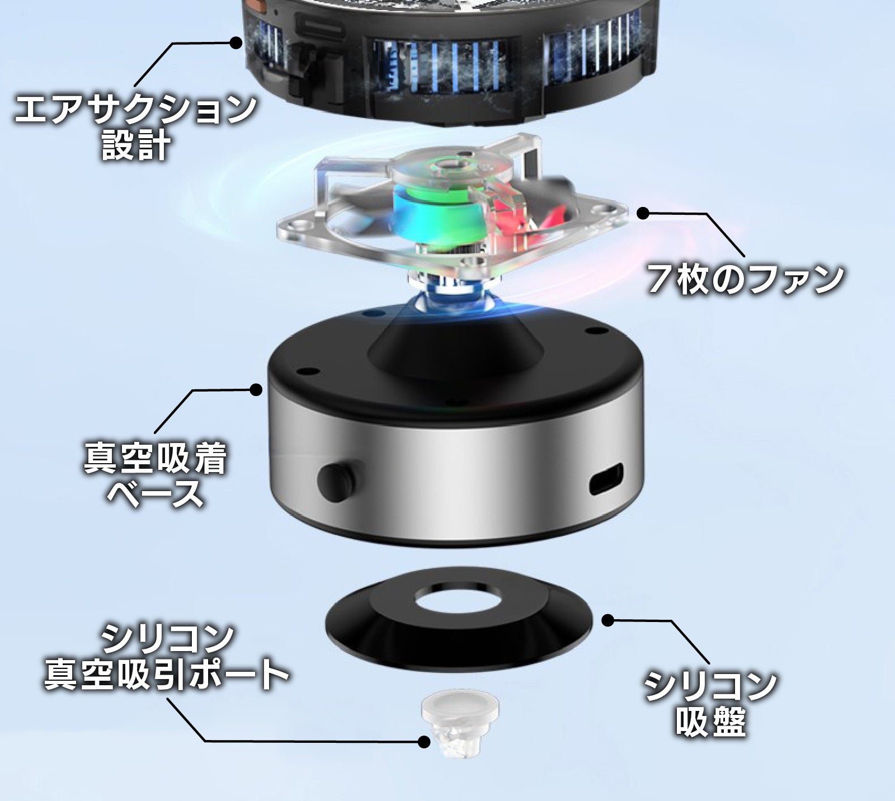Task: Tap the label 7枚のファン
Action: coord(745,278)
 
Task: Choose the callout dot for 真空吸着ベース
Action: coord(257,389)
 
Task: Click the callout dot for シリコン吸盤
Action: coord(609,620)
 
